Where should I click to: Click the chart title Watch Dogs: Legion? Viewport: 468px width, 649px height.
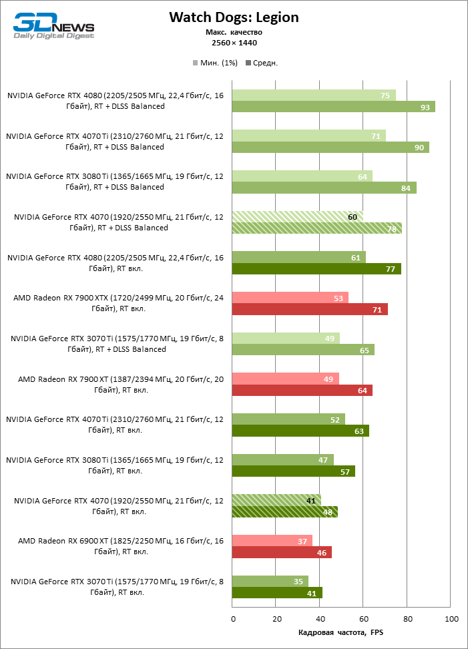tap(234, 17)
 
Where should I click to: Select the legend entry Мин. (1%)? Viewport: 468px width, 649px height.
tap(214, 63)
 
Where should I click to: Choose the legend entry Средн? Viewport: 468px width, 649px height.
tap(262, 63)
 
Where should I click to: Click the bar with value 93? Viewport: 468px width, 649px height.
tap(333, 107)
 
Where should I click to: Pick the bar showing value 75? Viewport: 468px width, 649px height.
tap(313, 95)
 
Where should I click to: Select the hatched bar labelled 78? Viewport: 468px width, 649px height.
tap(316, 228)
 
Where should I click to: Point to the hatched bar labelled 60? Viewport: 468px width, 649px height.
tap(297, 216)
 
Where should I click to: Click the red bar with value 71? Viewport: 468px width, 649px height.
tap(309, 309)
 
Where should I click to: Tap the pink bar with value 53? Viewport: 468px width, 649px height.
tap(290, 298)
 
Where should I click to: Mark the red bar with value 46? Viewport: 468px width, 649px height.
tap(281, 552)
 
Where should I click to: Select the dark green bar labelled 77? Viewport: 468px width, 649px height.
tap(316, 269)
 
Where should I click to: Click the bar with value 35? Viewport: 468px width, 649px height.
tap(270, 581)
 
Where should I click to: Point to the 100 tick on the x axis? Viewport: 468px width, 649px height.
tap(452, 619)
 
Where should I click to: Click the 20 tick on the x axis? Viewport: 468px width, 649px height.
tap(276, 619)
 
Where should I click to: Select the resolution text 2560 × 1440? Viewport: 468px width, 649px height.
tap(234, 43)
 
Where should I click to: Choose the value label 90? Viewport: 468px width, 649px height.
tap(419, 148)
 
